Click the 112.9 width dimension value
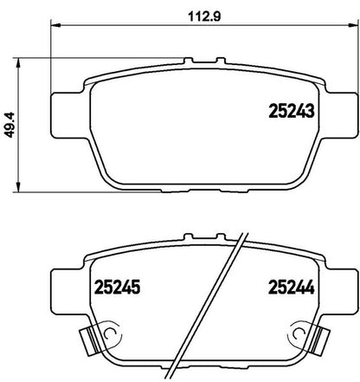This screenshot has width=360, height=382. click(x=204, y=16)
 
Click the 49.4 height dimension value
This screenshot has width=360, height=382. click(x=10, y=125)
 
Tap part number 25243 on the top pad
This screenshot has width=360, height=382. click(x=291, y=111)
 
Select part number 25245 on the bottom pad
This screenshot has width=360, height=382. click(x=118, y=287)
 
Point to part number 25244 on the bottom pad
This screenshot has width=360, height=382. click(x=291, y=287)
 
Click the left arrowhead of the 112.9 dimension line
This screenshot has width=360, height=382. click(x=55, y=25)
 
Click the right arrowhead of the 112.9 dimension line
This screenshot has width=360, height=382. click(x=352, y=25)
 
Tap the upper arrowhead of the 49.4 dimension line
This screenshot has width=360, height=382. click(x=18, y=62)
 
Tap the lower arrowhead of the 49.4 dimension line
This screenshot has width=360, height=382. click(x=18, y=187)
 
